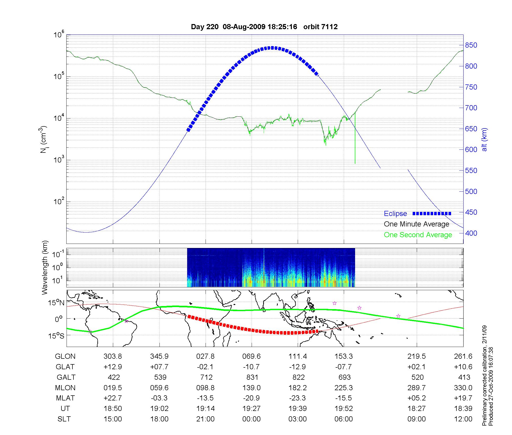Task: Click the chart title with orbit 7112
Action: coord(264,27)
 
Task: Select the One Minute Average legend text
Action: coord(417,224)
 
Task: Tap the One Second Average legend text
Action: coord(418,235)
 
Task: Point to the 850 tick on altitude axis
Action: coord(471,45)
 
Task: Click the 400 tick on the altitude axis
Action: coord(471,233)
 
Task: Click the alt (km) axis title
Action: coord(484,140)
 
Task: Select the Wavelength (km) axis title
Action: coord(45,268)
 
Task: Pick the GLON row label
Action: coord(65,356)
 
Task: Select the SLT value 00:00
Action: coord(251,419)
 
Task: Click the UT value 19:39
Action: coord(297,409)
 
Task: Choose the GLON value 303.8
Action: coord(113,356)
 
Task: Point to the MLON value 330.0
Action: coord(463,388)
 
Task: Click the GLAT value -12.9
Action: coord(297,367)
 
